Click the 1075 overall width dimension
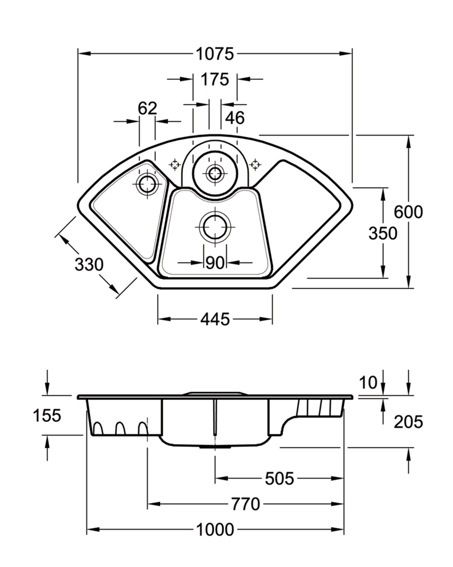pos(215,54)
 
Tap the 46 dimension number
pos(235,118)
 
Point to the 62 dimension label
pos(147,109)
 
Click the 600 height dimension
pos(409,212)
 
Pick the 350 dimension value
pos(383,233)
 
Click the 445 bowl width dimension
pos(215,319)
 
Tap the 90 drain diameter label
pos(215,263)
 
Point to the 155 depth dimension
pos(47,416)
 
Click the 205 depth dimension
pos(409,422)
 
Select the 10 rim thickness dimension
pos(369,383)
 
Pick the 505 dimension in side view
pos(279,478)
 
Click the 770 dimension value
pos(245,504)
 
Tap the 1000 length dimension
pos(215,530)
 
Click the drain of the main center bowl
pos(215,228)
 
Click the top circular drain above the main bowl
pos(214,173)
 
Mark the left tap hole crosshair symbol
pos(174,164)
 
